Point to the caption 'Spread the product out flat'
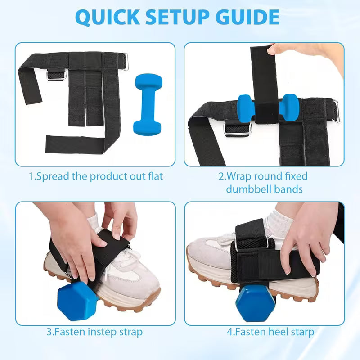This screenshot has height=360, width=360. click(96, 176)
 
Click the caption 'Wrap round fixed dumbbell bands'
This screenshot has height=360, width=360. click(264, 182)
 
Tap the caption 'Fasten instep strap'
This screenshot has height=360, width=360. click(94, 332)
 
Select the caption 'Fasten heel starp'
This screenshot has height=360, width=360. click(270, 332)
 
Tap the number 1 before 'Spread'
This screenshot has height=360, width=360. click(31, 176)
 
